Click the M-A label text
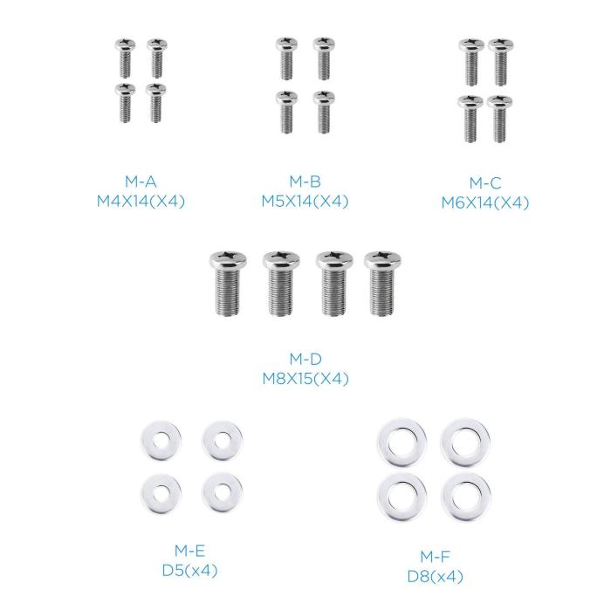click(x=140, y=182)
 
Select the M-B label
click(x=305, y=182)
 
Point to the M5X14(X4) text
click(x=305, y=202)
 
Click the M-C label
click(x=484, y=183)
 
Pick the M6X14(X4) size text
click(x=484, y=203)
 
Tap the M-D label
click(x=305, y=360)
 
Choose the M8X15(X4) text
click(x=305, y=379)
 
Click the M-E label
click(x=189, y=551)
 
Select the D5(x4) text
click(x=189, y=571)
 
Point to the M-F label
click(x=434, y=557)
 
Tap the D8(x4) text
click(x=434, y=576)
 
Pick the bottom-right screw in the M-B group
click(x=324, y=111)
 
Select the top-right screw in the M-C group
click(x=500, y=61)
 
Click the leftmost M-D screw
click(x=230, y=284)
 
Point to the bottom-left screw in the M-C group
click(x=470, y=118)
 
